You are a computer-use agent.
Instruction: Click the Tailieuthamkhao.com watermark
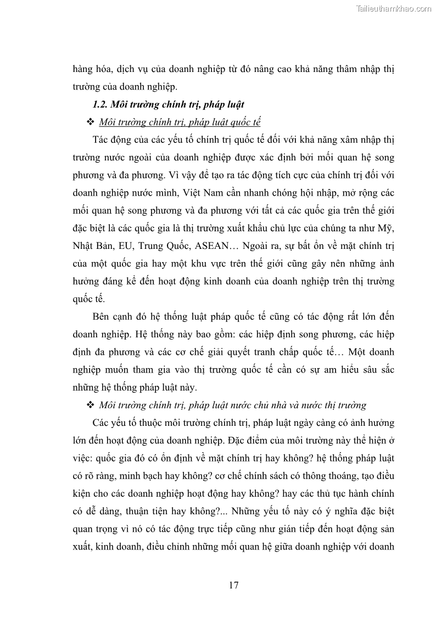point(394,8)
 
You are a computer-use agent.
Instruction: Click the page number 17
point(233,585)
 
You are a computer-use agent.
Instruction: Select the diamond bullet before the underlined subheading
point(91,122)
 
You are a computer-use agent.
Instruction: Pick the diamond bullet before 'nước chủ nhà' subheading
point(91,405)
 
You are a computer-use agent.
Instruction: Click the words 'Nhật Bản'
point(92,246)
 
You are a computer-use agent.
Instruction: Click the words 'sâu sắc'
point(378,370)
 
